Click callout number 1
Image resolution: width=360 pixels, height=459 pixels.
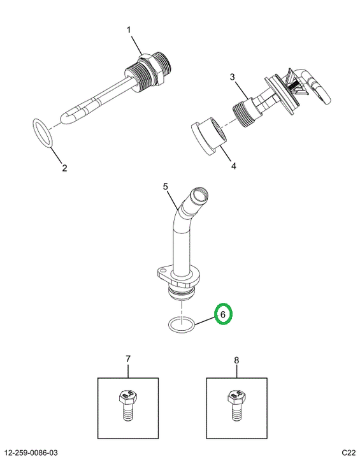[x=129, y=30]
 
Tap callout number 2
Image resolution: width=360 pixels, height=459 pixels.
[x=64, y=168]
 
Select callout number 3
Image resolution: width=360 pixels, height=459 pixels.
[x=233, y=77]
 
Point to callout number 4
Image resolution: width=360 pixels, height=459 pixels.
[x=234, y=166]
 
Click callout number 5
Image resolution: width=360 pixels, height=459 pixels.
[x=166, y=186]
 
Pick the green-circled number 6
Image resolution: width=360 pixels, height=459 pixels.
[x=223, y=315]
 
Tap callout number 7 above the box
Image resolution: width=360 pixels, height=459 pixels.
[x=128, y=359]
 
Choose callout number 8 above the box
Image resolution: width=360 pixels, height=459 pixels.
[x=236, y=360]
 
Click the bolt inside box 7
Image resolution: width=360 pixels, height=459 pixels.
[x=128, y=405]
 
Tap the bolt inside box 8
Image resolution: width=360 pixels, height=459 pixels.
[x=236, y=405]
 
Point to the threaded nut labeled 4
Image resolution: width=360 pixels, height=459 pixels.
[x=209, y=136]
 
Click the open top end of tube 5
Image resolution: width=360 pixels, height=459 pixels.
[x=199, y=194]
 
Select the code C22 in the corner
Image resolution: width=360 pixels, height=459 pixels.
[x=349, y=453]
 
